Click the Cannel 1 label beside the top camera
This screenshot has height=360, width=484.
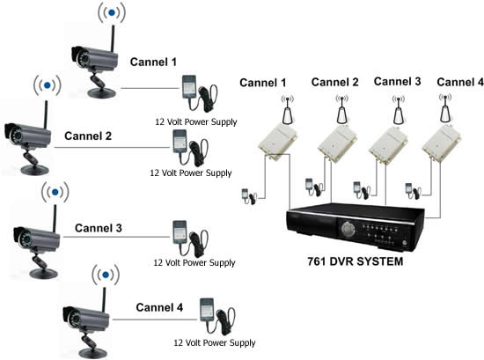point(153,62)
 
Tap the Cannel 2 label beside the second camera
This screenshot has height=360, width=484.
point(88,136)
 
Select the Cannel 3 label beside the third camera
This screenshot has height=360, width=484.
point(99,228)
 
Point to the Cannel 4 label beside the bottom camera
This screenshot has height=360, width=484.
point(159,307)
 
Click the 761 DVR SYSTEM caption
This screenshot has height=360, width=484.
point(356,261)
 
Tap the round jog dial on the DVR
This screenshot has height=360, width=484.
point(348,229)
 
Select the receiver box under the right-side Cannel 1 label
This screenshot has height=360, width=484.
point(277,142)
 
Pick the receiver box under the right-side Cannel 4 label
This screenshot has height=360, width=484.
point(442,143)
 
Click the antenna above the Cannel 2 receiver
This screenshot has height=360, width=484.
point(342,110)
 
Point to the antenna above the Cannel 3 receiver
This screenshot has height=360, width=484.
point(399,110)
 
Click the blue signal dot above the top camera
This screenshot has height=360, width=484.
point(112,12)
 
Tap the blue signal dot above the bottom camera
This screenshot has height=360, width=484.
point(106,274)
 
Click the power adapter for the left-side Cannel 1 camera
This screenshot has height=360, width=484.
point(200,92)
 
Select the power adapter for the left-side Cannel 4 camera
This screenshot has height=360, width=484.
point(217,316)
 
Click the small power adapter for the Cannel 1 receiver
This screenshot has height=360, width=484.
point(249,196)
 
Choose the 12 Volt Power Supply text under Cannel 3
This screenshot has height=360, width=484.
point(194,263)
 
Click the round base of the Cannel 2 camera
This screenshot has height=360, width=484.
point(34,170)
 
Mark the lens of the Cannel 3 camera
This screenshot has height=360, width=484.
point(25,239)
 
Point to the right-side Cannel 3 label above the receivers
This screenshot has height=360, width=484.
point(397,82)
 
